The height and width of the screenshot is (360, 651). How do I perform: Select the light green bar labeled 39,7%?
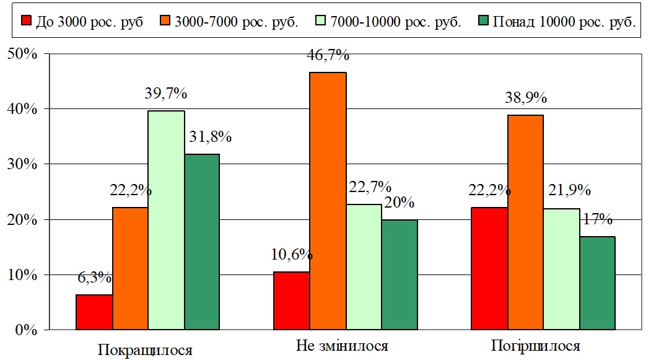click(x=166, y=220)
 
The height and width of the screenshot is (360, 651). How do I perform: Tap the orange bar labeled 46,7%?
click(x=328, y=201)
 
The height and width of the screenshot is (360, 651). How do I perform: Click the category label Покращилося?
click(x=145, y=349)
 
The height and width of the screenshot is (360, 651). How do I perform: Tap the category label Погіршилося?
click(x=535, y=346)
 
